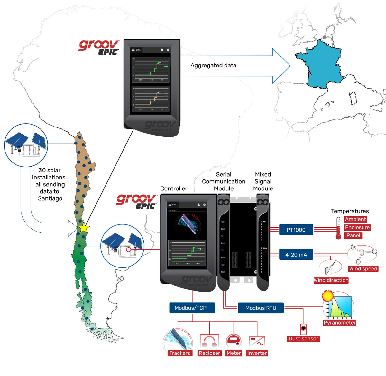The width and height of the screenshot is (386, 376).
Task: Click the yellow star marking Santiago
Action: click(x=84, y=228)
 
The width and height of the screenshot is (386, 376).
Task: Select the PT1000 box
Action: click(x=296, y=230)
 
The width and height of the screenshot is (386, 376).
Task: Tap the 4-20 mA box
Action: click(x=296, y=255)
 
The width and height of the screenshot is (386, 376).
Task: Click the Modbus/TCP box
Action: click(x=192, y=308)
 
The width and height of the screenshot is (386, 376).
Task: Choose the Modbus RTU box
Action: click(x=261, y=308)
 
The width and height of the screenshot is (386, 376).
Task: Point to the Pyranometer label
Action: click(x=340, y=323)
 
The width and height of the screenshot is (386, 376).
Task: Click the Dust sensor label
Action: click(x=303, y=338)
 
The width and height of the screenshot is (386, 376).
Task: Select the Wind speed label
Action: click(x=363, y=268)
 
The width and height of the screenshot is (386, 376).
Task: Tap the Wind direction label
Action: click(x=331, y=280)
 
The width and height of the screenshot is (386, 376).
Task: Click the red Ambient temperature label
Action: click(x=355, y=219)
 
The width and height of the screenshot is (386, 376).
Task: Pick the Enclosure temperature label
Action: click(x=357, y=227)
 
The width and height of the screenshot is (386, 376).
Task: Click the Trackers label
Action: click(x=179, y=353)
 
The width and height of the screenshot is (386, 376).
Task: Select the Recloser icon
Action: click(x=209, y=341)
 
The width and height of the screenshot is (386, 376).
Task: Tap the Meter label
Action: click(x=234, y=353)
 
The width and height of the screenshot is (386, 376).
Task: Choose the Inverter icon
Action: click(x=257, y=341)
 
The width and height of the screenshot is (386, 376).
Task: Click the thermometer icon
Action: click(x=338, y=228)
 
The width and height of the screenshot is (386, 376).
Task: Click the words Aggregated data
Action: click(x=213, y=65)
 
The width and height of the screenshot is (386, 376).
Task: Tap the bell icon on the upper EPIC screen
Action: click(x=162, y=50)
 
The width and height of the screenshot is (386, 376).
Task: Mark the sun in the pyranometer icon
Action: click(x=327, y=296)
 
